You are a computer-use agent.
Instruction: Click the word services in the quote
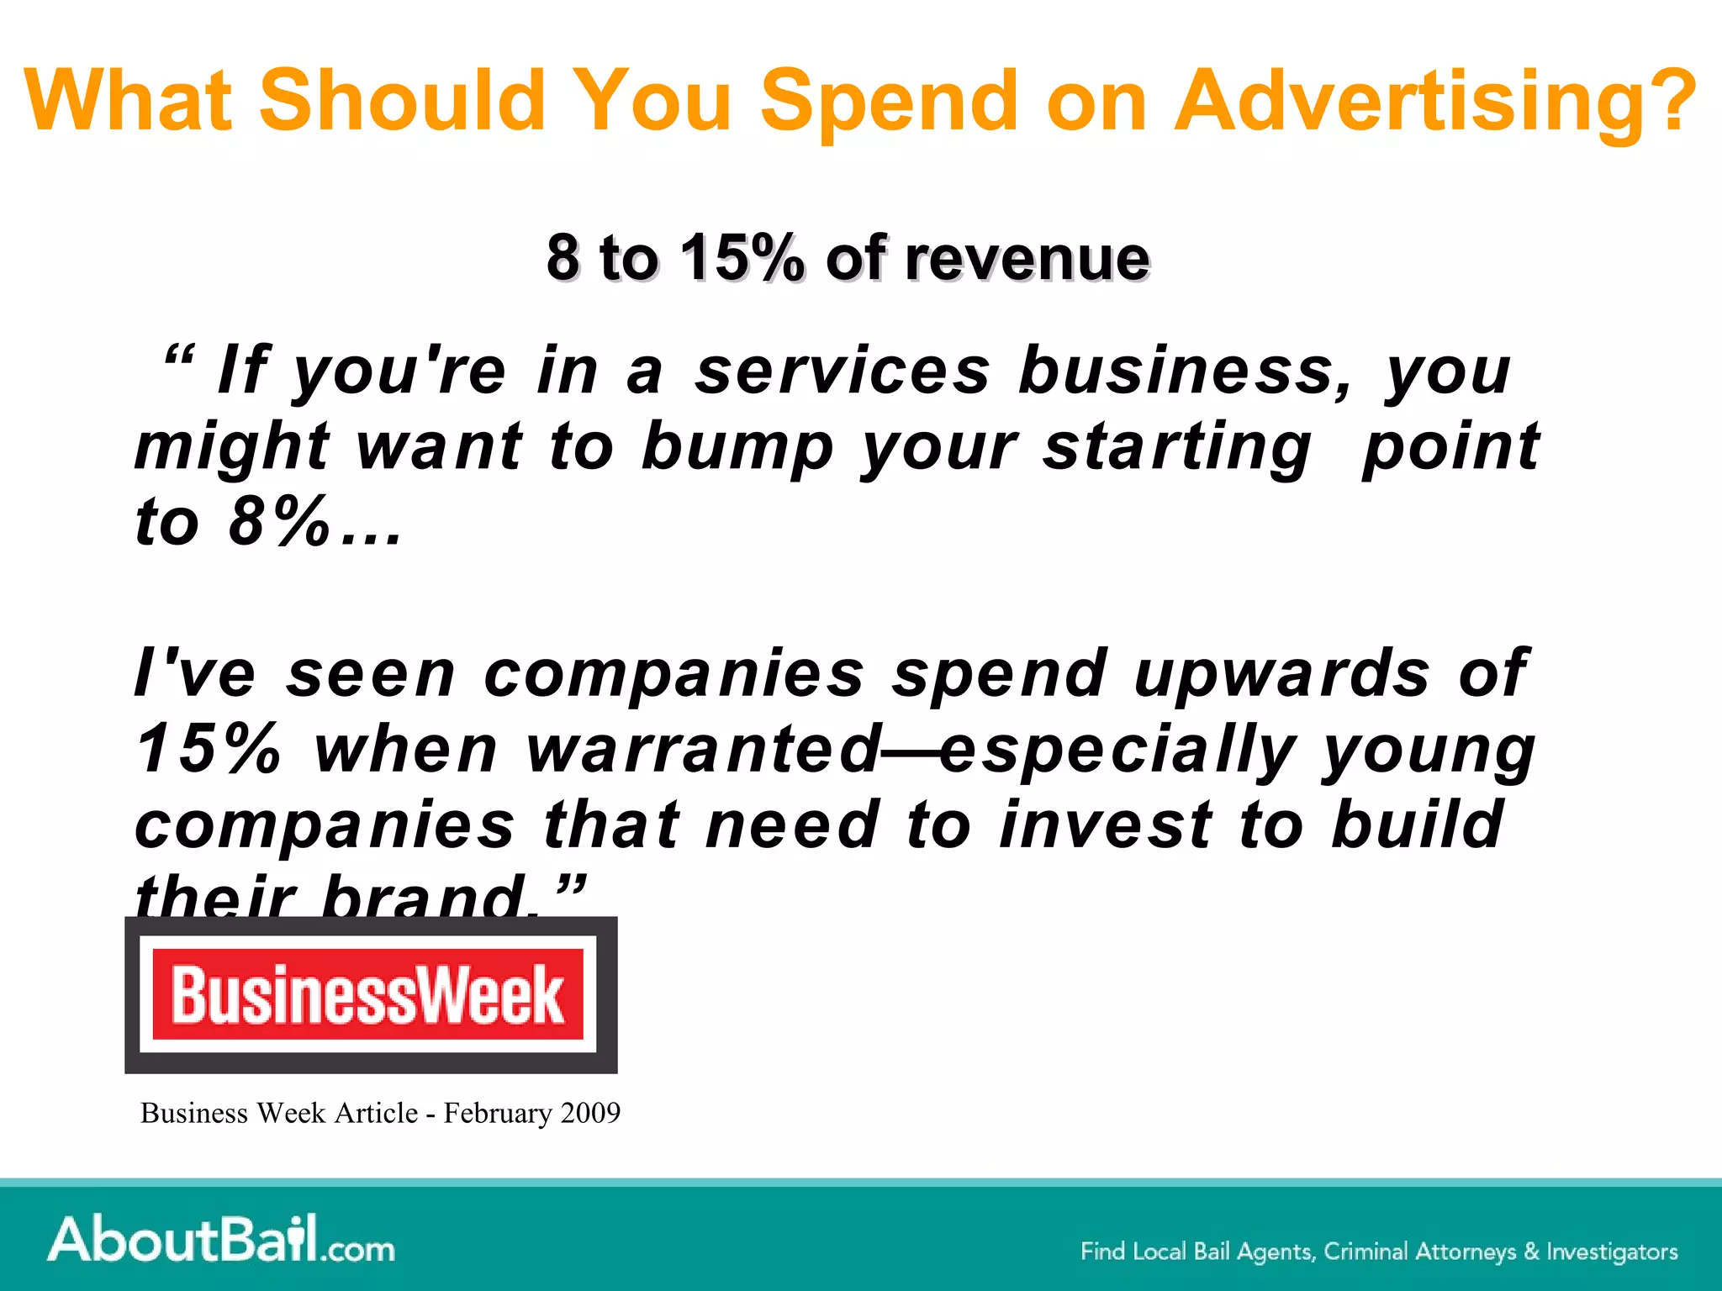(x=843, y=371)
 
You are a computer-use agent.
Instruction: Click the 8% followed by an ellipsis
(x=277, y=522)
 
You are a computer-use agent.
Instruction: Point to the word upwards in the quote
(x=1281, y=674)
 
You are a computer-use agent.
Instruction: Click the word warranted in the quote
(x=703, y=749)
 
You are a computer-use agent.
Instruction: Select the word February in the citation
(x=499, y=1113)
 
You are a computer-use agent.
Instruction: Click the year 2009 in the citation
(x=590, y=1113)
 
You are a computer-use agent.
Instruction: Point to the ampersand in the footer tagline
(x=1531, y=1251)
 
